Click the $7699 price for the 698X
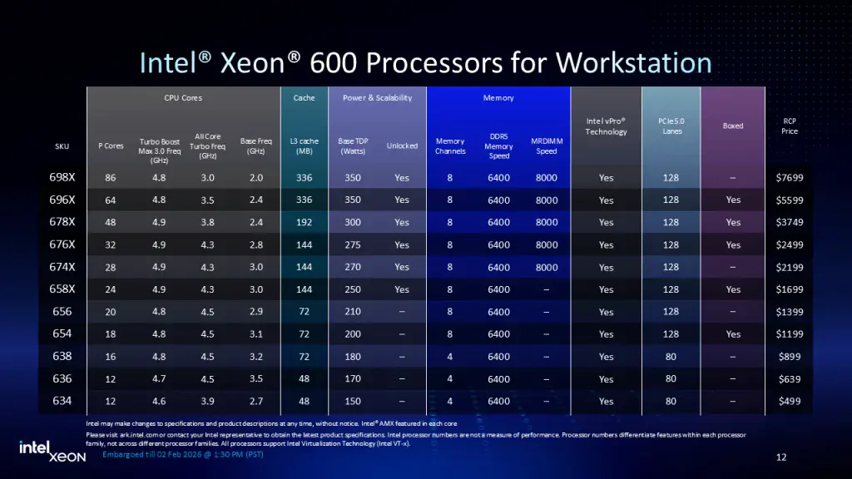[x=789, y=177]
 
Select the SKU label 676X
[x=62, y=244]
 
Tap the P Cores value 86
[x=111, y=177]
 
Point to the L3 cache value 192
[x=304, y=222]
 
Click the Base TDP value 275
[x=352, y=244]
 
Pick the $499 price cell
[x=789, y=402]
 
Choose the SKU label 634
[x=62, y=401]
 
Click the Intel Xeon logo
[x=52, y=451]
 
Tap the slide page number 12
[x=780, y=457]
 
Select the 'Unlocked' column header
[x=402, y=146]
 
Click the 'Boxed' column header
[x=733, y=126]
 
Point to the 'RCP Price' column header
[x=789, y=126]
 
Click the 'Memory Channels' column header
[x=450, y=146]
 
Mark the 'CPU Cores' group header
[x=183, y=97]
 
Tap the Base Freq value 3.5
[x=255, y=379]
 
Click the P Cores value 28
[x=111, y=267]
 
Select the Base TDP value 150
[x=352, y=402]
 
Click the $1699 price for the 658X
[x=789, y=289]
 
